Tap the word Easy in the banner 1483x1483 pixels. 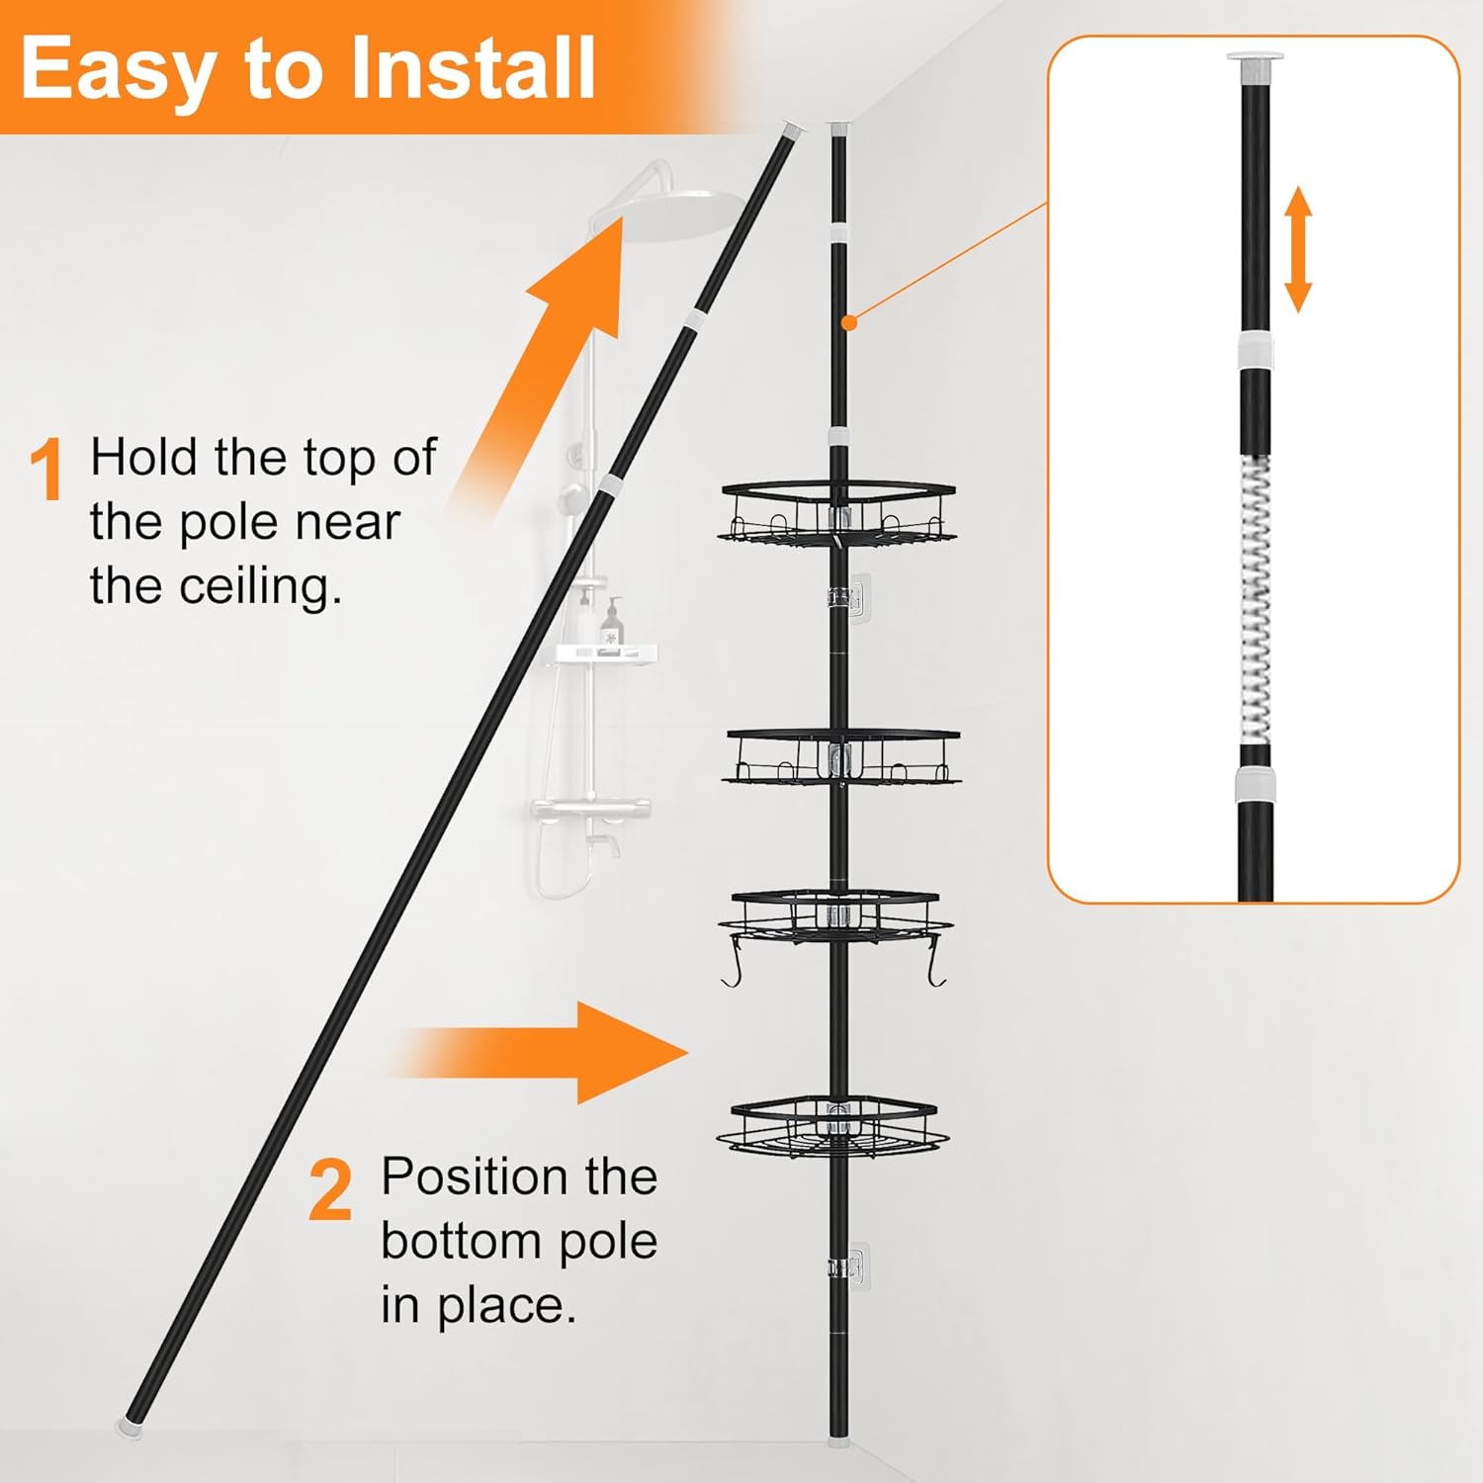[x=118, y=69]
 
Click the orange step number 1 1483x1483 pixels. [x=46, y=471]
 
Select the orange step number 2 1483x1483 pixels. [x=330, y=1190]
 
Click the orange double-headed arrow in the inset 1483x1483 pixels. [x=1297, y=249]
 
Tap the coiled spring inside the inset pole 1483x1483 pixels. [x=1255, y=603]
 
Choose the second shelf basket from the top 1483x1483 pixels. [x=841, y=757]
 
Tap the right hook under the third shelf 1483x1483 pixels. [x=937, y=968]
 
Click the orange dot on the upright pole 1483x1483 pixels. [x=848, y=322]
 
